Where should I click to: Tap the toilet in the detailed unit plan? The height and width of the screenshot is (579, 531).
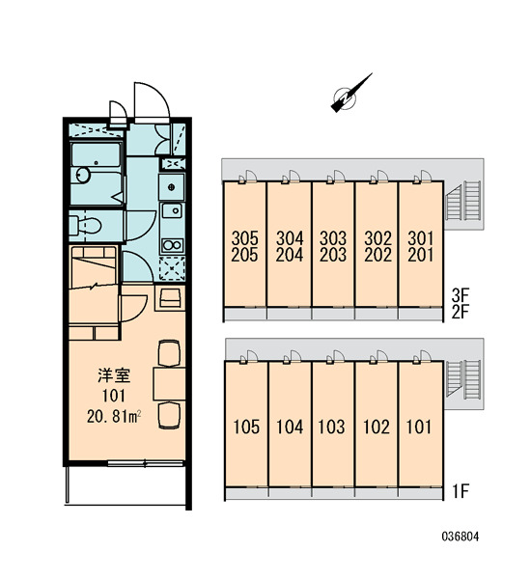coord(85,225)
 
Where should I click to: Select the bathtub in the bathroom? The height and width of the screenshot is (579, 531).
coord(96,154)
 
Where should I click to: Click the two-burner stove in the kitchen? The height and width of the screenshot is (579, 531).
coord(172,245)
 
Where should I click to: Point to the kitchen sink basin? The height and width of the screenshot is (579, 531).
coord(172,210)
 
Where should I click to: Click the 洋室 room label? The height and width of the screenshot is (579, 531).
coord(114,375)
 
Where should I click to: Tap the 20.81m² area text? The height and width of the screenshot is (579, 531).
coord(114,417)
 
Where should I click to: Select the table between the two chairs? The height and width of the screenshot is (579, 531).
coord(169,384)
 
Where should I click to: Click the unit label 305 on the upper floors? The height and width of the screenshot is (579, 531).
coord(244,238)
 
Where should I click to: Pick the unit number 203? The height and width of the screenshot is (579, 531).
coord(333,255)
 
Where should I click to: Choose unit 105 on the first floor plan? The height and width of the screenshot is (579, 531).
coord(246,427)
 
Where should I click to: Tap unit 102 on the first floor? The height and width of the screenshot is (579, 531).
coord(377,427)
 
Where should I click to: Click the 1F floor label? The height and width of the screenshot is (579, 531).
coord(461,491)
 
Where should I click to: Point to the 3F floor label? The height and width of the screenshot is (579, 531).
coord(461,295)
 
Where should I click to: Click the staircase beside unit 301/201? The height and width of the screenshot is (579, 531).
coord(464,202)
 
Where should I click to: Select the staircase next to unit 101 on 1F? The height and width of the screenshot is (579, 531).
coord(464,380)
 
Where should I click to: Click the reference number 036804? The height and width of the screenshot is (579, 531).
coord(461,537)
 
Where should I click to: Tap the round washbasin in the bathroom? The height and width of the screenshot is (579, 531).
coord(83,175)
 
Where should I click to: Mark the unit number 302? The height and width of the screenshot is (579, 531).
coord(378,238)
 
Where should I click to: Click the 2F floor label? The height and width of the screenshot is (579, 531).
coord(461,312)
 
